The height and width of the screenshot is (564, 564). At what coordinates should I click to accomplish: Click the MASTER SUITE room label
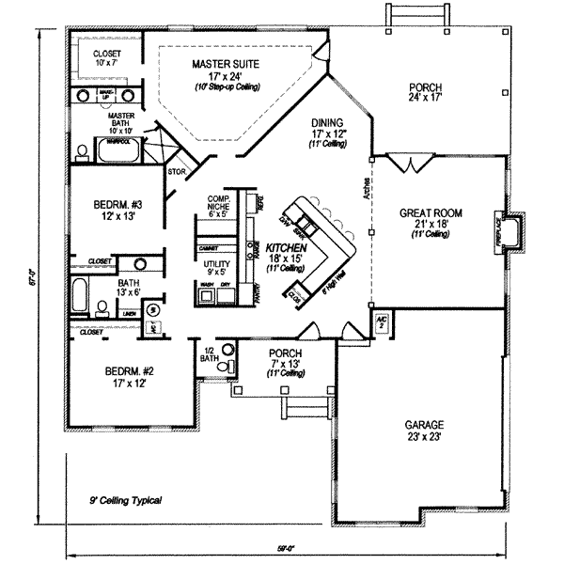tap(226, 63)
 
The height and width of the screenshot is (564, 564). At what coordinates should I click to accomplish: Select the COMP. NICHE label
tap(218, 203)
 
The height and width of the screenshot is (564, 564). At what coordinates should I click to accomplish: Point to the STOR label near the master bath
tap(175, 173)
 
